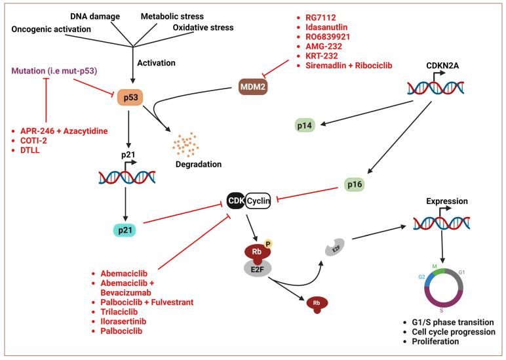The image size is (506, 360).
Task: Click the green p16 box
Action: tap(359, 186)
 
